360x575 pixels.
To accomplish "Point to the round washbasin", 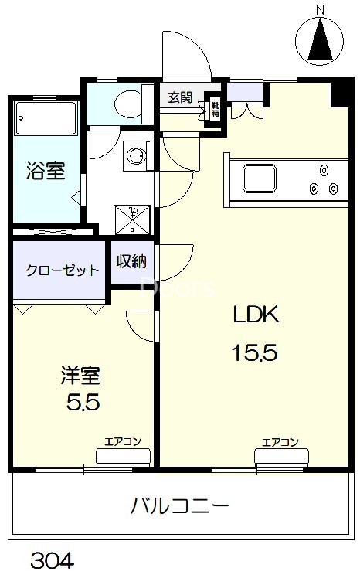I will point(137,155).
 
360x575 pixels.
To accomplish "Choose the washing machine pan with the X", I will point(133,219).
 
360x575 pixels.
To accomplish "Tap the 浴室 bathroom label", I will point(44,172).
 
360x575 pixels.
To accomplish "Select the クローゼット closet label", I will point(62,270).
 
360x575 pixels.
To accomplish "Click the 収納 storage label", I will point(132,262).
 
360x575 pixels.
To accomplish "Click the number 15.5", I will point(255,353).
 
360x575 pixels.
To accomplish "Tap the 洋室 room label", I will point(80,377).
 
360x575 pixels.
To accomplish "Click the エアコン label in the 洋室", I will point(122,442).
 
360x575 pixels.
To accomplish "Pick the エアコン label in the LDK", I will point(280,442).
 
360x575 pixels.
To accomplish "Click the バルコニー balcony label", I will point(179,508).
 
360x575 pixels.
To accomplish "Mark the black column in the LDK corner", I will point(338,94).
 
